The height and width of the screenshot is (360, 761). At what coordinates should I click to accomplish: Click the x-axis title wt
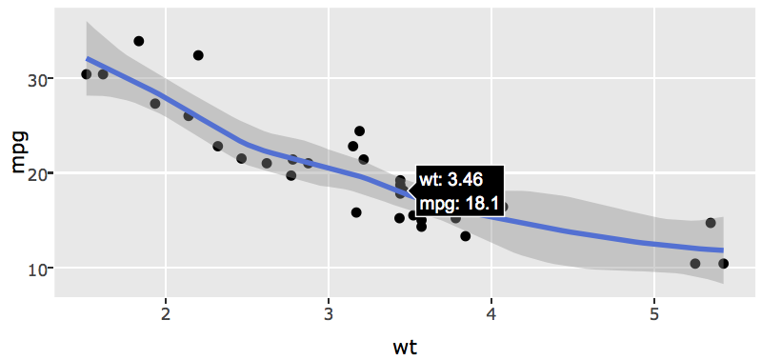coord(405,347)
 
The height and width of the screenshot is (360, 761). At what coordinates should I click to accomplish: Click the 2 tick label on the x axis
coord(166,314)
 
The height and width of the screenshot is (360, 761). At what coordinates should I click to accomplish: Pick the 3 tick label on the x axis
coord(329,314)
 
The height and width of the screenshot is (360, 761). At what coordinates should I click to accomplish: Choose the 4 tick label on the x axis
coord(491,314)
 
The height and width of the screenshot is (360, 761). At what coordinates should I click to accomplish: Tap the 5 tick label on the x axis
coord(654,314)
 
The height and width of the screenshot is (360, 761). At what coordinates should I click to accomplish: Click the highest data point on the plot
coord(139,41)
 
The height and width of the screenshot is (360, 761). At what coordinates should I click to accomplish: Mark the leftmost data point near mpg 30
coord(87,74)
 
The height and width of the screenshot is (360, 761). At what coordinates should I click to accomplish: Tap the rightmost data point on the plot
coord(724,264)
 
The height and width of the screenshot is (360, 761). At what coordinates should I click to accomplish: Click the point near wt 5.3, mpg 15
coord(711,223)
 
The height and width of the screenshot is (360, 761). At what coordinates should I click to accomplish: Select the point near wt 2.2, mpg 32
coord(198,55)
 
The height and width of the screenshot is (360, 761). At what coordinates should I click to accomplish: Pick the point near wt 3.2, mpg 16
coord(356,212)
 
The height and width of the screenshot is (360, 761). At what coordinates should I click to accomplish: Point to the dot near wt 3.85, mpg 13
coord(466,236)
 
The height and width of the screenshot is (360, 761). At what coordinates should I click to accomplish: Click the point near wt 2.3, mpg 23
coord(218,147)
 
